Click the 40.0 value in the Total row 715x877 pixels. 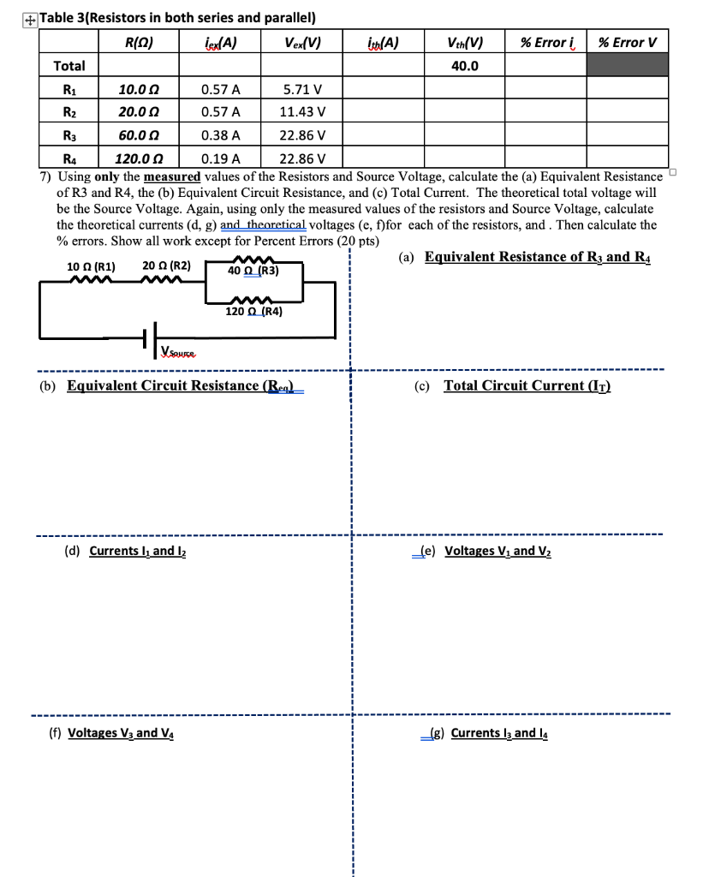(464, 66)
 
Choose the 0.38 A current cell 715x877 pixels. (220, 134)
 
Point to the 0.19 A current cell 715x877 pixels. (220, 158)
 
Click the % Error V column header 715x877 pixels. (628, 42)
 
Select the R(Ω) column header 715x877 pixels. (139, 42)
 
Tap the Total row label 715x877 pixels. (69, 66)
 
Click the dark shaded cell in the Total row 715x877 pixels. (627, 66)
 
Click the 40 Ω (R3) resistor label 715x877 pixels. (253, 271)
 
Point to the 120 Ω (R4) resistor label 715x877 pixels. (253, 312)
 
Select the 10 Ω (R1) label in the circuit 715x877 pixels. (91, 265)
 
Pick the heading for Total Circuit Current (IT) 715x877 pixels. (526, 385)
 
